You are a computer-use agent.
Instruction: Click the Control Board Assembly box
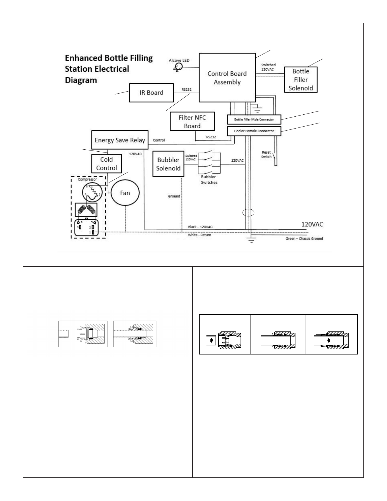(x=227, y=77)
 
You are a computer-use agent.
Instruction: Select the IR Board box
(x=151, y=92)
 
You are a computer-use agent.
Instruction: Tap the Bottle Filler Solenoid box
(x=301, y=80)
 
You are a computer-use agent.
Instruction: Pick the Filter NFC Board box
(x=192, y=121)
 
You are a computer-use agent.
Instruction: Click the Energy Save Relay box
(x=120, y=140)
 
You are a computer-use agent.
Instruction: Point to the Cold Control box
(x=106, y=164)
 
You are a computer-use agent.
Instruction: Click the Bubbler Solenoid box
(x=168, y=164)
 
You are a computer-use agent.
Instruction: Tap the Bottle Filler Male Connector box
(x=254, y=119)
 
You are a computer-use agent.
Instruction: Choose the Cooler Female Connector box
(x=254, y=131)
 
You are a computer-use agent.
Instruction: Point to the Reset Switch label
(x=266, y=154)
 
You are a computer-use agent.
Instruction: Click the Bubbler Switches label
(x=209, y=180)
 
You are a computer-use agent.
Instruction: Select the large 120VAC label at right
(x=312, y=224)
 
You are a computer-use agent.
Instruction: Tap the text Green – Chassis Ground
(x=304, y=238)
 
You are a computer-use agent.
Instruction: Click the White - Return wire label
(x=199, y=235)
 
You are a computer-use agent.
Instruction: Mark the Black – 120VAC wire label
(x=200, y=227)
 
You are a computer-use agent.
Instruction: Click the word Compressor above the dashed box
(x=87, y=179)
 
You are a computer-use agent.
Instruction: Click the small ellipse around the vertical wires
(x=248, y=213)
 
